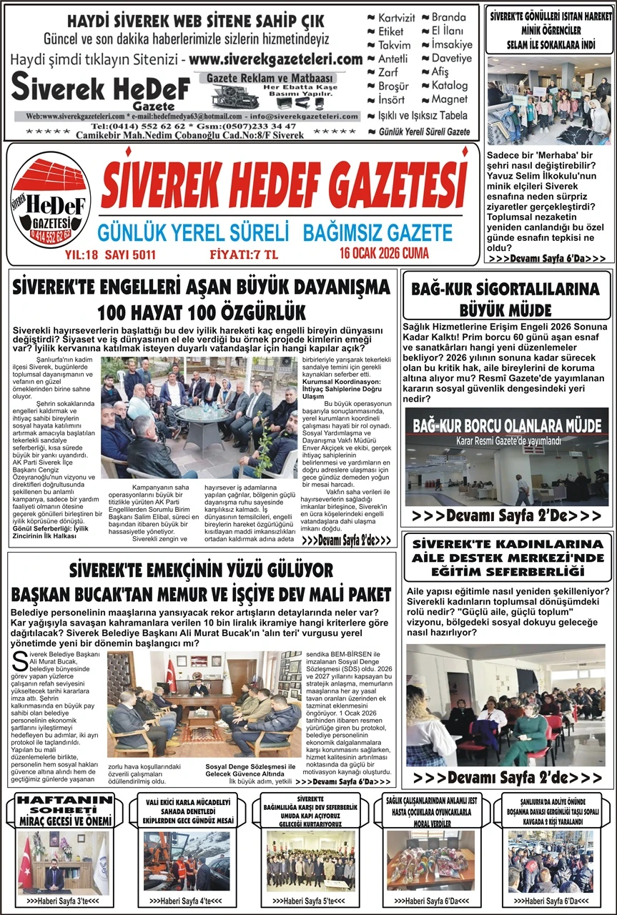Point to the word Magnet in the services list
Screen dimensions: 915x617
click(x=449, y=99)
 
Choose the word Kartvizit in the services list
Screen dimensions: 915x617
click(x=398, y=18)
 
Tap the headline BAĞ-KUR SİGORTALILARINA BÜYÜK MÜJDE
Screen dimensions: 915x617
click(x=506, y=300)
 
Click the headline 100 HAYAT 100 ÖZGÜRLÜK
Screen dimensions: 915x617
click(x=202, y=312)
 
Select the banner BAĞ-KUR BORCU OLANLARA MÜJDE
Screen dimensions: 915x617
click(x=506, y=427)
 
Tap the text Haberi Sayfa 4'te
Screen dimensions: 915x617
click(x=186, y=901)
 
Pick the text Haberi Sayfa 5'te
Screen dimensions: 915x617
click(x=310, y=901)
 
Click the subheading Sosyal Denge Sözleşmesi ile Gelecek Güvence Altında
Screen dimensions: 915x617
click(x=250, y=770)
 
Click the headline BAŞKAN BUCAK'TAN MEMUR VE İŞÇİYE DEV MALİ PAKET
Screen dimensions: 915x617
click(x=202, y=594)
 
